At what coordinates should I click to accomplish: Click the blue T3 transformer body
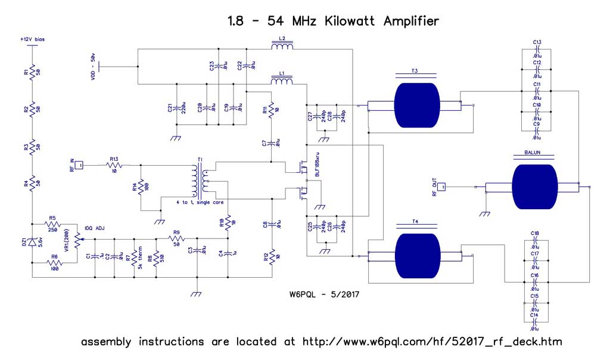(415, 105)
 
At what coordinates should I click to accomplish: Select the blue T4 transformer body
(415, 256)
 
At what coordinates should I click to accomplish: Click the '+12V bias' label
(33, 39)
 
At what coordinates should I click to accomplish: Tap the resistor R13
(114, 165)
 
